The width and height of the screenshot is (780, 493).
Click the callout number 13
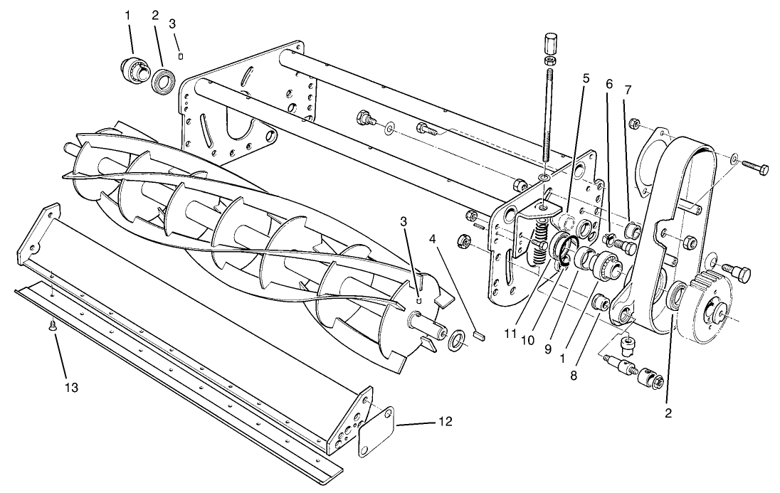tap(70, 388)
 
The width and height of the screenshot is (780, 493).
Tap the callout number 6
tap(608, 84)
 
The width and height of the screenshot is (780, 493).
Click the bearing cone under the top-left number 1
tap(132, 70)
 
